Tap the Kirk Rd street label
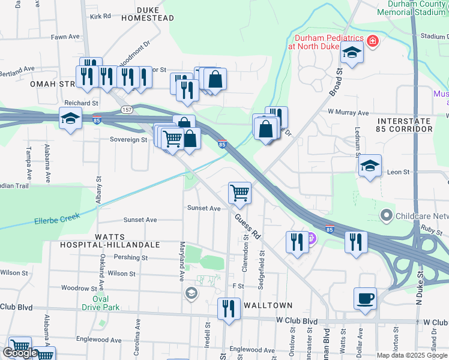pos(100,16)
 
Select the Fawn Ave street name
pos(65,37)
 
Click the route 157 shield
pos(126,109)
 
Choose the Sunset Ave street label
pos(203,208)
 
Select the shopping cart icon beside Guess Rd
pos(240,193)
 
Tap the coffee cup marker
pos(364,298)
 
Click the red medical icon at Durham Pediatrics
pos(373,41)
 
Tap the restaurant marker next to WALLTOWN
pos(228,309)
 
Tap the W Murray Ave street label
pos(348,112)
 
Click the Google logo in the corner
pos(20,353)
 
